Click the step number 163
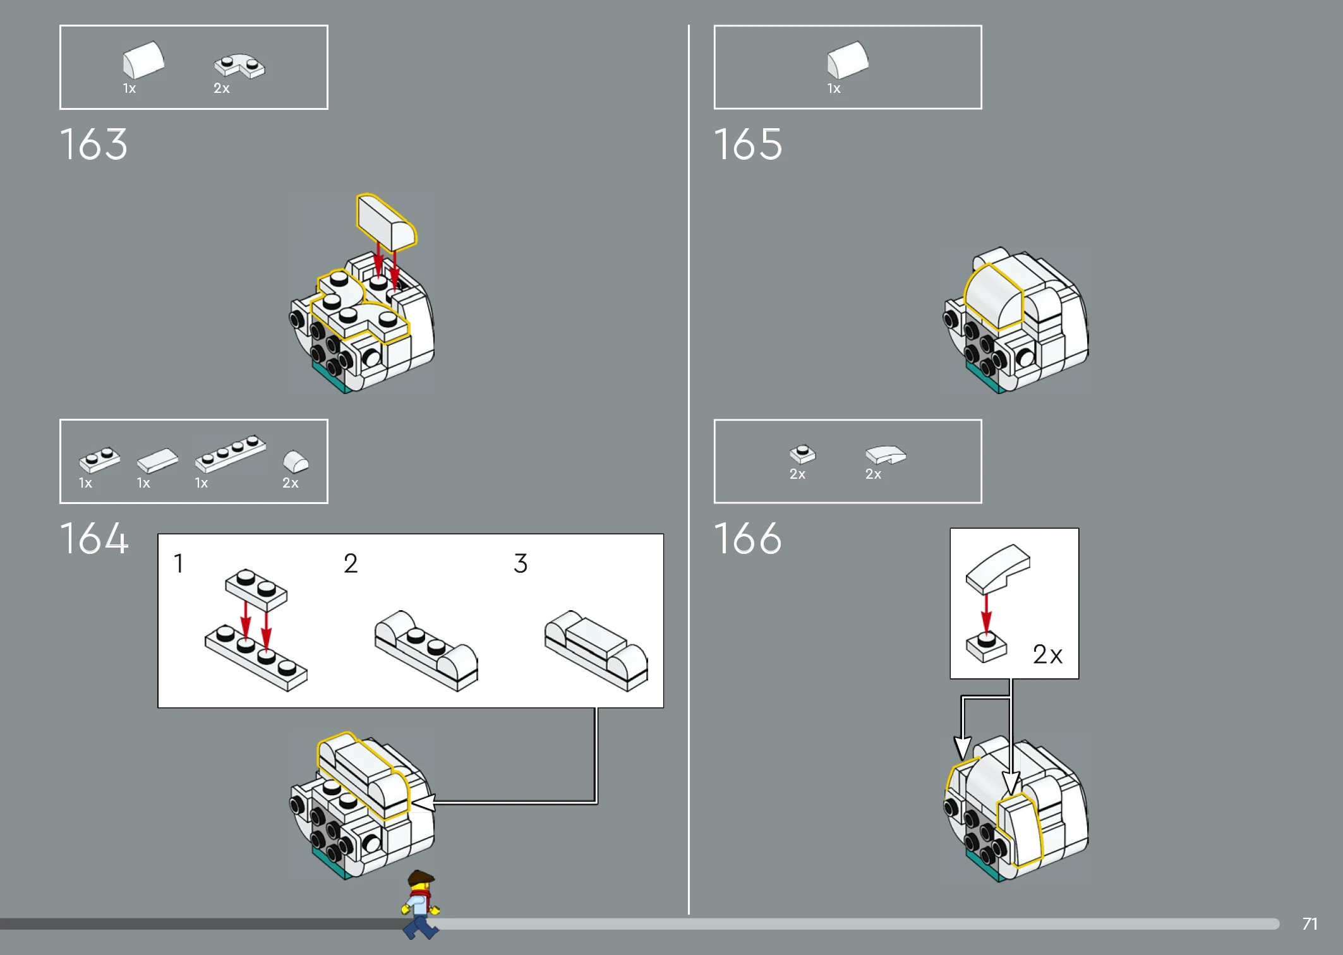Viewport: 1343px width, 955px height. point(93,145)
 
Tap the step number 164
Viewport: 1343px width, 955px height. point(94,539)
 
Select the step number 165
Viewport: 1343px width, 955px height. point(748,145)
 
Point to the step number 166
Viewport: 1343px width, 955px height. point(748,539)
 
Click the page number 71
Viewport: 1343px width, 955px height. point(1310,924)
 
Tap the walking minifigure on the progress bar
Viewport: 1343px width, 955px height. point(420,904)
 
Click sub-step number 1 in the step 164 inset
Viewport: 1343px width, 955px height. point(179,563)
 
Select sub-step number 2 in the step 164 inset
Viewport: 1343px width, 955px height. point(351,563)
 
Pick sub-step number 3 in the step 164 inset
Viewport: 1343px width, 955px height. point(521,563)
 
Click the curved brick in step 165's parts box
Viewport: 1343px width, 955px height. point(848,60)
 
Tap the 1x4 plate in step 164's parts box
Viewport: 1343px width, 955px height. point(231,453)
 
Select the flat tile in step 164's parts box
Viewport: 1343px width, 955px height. point(157,460)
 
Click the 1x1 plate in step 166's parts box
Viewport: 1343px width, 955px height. point(802,454)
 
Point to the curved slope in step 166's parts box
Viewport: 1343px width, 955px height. point(886,455)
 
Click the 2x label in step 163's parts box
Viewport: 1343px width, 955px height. point(222,88)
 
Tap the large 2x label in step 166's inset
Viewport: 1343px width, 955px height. point(1047,654)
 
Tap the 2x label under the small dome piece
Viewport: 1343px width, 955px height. point(291,483)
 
